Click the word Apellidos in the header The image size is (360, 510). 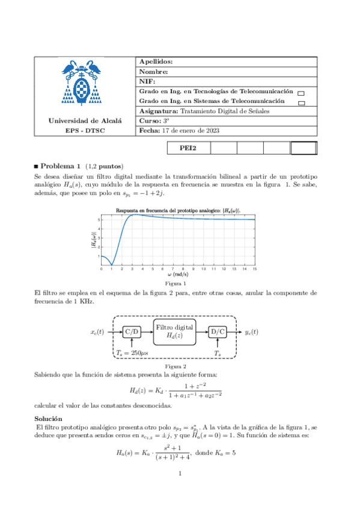pyautogui.click(x=156, y=62)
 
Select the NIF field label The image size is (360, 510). pyautogui.click(x=147, y=81)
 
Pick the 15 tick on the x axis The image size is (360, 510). pyautogui.click(x=255, y=268)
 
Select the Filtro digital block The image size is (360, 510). pyautogui.click(x=175, y=331)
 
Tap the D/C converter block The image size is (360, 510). pyautogui.click(x=217, y=331)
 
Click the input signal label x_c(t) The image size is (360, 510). pyautogui.click(x=97, y=331)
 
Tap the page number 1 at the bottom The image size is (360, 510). pyautogui.click(x=180, y=474)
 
